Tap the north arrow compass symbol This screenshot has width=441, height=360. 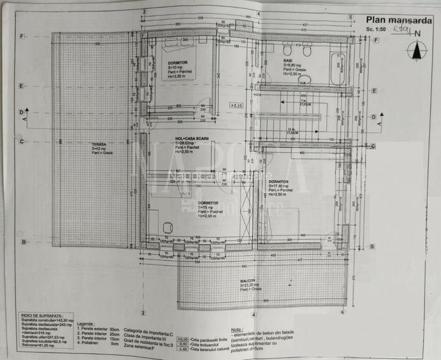(x=419, y=49)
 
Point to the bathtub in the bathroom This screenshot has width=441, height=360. (x=337, y=70)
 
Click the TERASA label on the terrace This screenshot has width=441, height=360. (x=99, y=145)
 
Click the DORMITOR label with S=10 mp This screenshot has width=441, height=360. (x=178, y=63)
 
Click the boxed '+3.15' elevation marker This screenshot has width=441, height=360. (x=237, y=105)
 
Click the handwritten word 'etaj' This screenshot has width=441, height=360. (x=401, y=27)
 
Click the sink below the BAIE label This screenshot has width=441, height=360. (x=304, y=80)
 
